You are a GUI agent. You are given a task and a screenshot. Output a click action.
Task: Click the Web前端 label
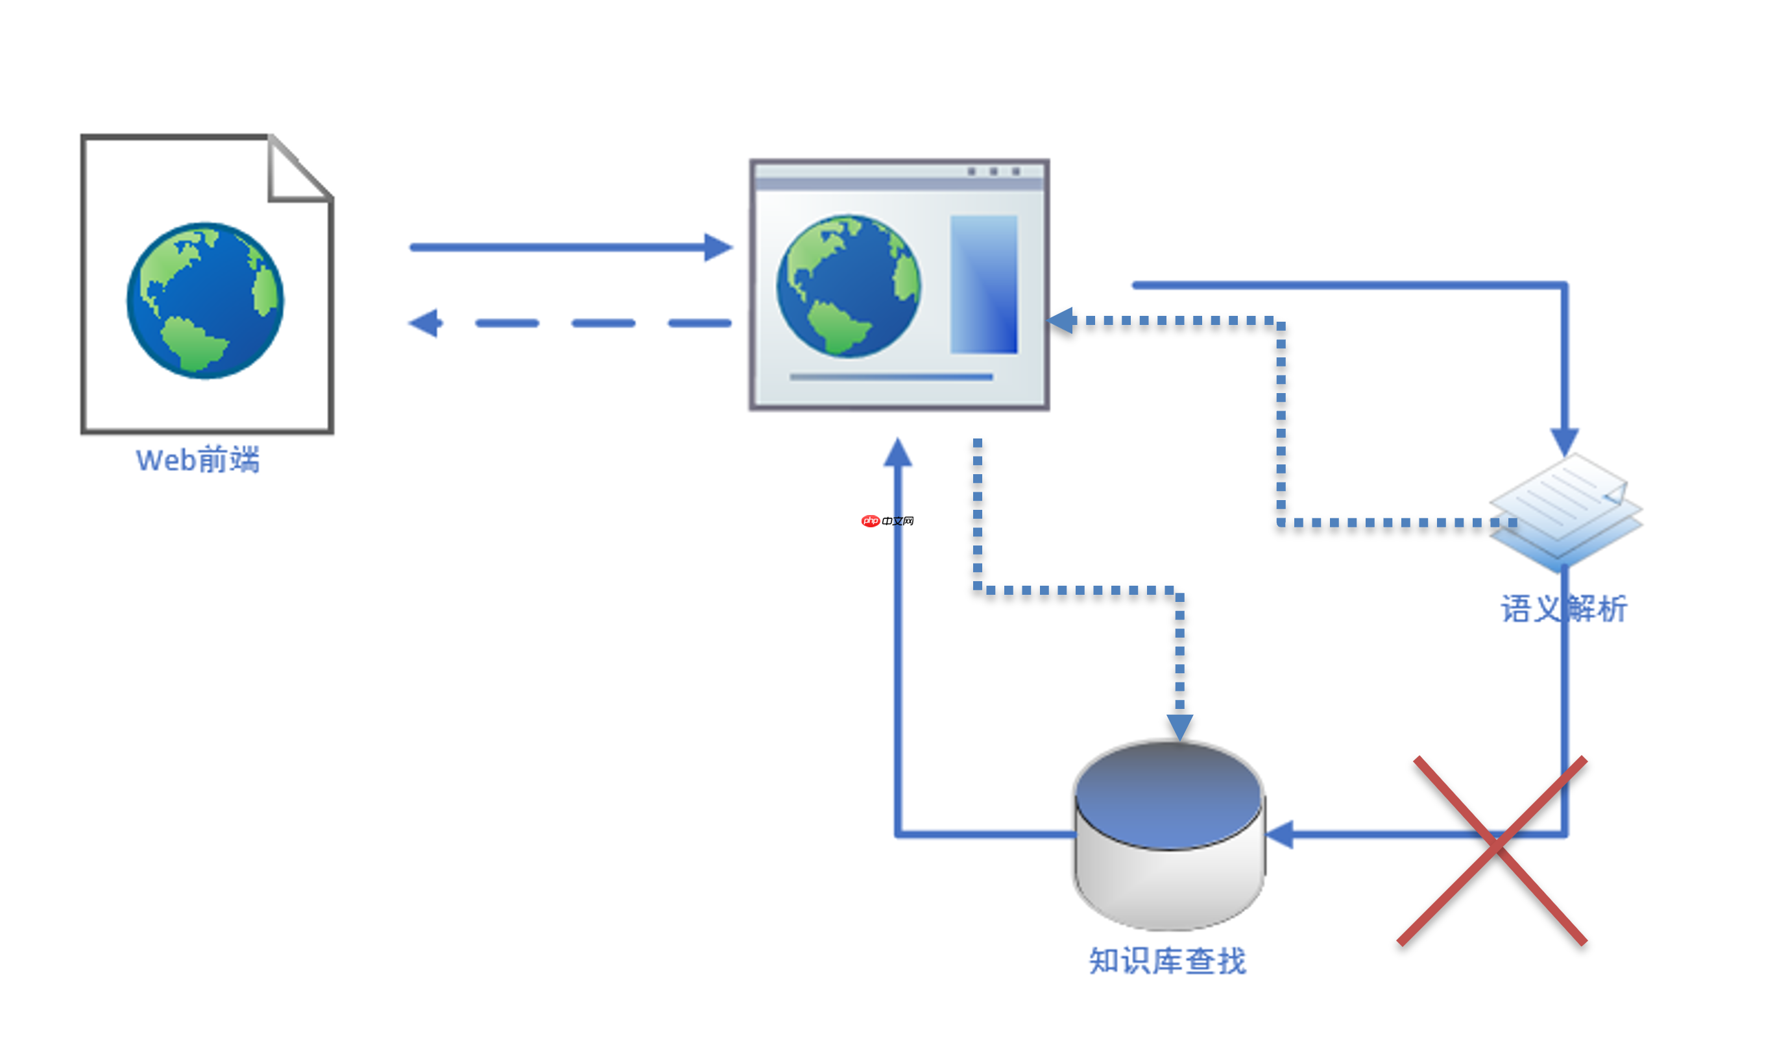point(198,460)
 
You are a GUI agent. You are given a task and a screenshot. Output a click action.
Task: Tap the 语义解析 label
point(1563,609)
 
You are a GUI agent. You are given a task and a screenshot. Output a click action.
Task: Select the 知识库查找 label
point(1167,961)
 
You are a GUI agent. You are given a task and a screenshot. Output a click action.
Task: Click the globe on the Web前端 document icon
point(205,301)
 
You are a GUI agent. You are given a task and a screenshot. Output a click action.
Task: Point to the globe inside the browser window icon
point(848,286)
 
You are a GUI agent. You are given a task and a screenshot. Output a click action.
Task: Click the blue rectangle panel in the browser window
point(984,284)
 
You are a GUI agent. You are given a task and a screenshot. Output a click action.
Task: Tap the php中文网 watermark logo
point(887,521)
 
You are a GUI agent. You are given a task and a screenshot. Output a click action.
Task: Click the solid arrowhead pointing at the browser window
point(718,247)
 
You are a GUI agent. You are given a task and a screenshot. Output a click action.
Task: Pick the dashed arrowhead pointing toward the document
point(426,323)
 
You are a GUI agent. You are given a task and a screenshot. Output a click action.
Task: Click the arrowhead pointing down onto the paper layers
point(1564,441)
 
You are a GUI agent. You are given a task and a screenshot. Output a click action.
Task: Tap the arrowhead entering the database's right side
point(1281,835)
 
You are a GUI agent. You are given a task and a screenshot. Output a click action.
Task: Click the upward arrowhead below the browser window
point(898,453)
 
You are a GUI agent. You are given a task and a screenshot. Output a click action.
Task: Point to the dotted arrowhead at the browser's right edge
point(1061,320)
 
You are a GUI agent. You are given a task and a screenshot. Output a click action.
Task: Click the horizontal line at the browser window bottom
point(891,378)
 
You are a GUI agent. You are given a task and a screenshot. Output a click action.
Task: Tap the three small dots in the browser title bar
point(993,171)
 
